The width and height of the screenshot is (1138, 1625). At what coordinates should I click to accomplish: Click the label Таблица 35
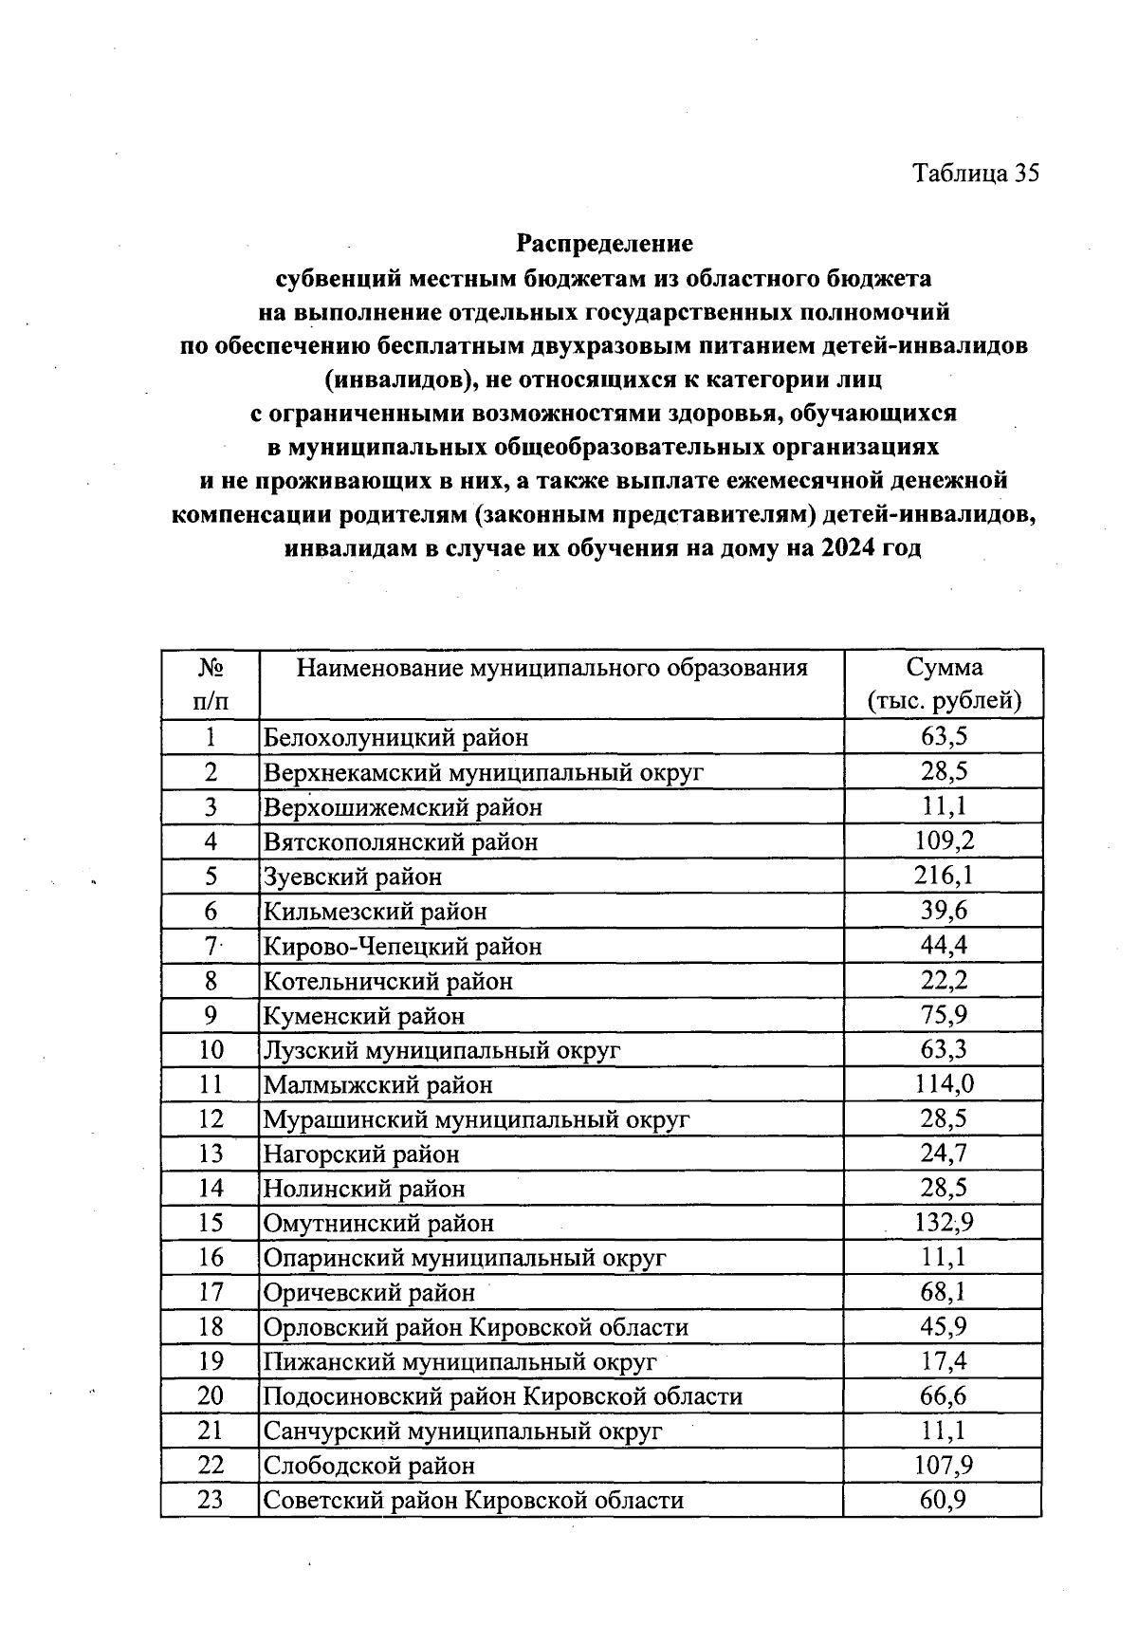[x=976, y=174]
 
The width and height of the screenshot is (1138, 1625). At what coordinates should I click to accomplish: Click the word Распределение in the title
[x=604, y=244]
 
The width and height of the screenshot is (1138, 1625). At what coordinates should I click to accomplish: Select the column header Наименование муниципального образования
[x=552, y=669]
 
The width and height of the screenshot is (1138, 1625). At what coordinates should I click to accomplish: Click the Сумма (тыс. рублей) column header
[x=944, y=684]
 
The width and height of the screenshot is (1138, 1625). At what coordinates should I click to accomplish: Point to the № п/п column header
[x=211, y=684]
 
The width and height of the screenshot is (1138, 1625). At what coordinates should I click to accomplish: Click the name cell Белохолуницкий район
[x=395, y=737]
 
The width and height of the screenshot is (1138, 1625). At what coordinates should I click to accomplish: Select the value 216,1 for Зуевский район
[x=944, y=876]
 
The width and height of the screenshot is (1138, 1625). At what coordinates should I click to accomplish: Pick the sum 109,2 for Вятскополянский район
[x=944, y=840]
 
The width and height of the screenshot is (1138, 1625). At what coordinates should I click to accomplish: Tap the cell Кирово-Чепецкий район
[x=402, y=946]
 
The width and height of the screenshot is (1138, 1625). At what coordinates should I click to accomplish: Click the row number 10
[x=211, y=1050]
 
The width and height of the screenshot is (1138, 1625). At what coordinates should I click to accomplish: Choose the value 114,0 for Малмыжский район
[x=944, y=1084]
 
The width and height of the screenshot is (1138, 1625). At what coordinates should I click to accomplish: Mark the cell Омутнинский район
[x=378, y=1223]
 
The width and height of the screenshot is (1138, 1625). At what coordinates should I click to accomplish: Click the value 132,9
[x=944, y=1223]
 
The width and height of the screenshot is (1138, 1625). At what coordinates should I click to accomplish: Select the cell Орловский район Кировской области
[x=475, y=1327]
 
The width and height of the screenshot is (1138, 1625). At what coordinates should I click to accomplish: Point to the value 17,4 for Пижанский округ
[x=944, y=1361]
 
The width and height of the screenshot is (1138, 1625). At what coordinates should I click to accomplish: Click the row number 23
[x=211, y=1500]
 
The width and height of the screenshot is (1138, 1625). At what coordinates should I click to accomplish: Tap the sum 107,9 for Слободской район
[x=944, y=1466]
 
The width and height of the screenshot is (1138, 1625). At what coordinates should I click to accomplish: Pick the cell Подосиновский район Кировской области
[x=503, y=1396]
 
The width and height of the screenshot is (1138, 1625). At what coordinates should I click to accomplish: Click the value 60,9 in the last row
[x=944, y=1500]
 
